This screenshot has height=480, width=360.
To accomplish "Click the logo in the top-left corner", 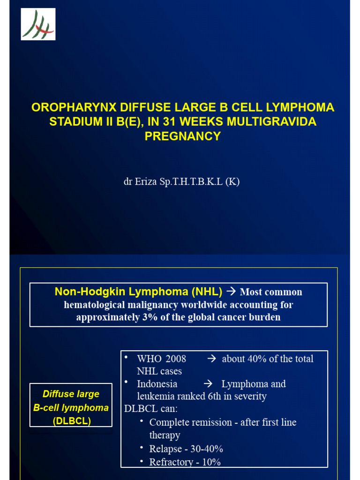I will pos(38,24).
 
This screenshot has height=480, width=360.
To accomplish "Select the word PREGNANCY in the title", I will pos(182,136).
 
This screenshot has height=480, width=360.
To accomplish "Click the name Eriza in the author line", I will pos(146,182).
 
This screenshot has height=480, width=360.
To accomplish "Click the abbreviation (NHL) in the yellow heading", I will pos(207,292).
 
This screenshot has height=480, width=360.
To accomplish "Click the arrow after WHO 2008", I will pos(211,359).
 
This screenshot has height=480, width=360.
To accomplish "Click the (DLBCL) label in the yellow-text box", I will pos(71,420).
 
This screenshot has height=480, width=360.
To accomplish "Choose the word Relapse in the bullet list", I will pos(165,449).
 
